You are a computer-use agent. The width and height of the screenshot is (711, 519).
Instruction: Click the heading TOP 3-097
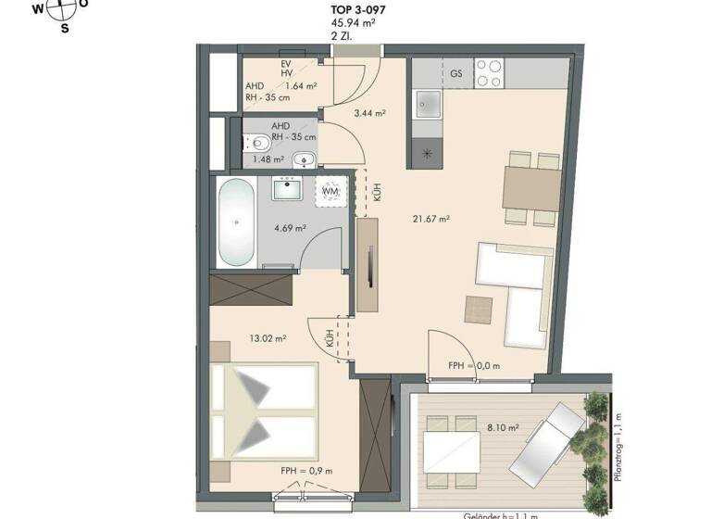(358, 10)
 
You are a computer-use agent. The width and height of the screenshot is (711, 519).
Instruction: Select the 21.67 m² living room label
(431, 219)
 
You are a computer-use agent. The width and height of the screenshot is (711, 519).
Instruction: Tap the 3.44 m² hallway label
(369, 113)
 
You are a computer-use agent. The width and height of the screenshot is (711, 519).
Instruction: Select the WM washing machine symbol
(331, 191)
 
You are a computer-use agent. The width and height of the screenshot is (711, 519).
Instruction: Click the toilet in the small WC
(259, 144)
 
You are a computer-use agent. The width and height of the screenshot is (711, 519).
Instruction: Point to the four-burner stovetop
(490, 73)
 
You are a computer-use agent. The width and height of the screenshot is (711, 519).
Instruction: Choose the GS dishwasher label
(455, 73)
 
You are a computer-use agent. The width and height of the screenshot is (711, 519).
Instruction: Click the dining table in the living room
(531, 189)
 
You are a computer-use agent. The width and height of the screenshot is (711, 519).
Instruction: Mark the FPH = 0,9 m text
(306, 471)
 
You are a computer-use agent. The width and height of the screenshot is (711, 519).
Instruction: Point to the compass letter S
(65, 28)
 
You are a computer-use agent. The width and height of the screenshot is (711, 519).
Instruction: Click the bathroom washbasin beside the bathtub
(291, 190)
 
